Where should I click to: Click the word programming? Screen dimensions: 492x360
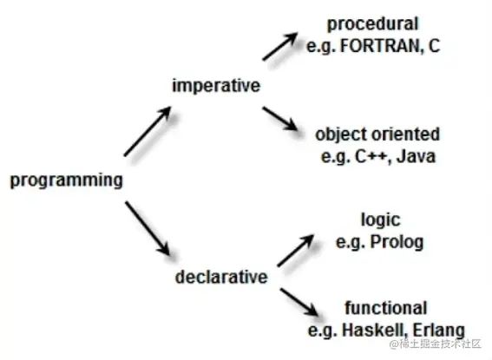tap(67, 180)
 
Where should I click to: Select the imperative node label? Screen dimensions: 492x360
tap(216, 86)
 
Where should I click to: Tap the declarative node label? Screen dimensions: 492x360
tap(221, 277)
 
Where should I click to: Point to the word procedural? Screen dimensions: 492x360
tap(373, 24)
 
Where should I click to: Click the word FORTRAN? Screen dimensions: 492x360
tap(380, 46)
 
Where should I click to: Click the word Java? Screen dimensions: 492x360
tap(416, 156)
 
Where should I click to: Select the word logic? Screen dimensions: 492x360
tap(381, 220)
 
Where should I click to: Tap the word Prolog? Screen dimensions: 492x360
tap(397, 242)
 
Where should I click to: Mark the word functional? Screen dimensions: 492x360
tap(386, 308)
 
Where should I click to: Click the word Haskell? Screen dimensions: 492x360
tap(375, 330)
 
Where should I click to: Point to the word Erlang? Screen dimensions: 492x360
tap(439, 331)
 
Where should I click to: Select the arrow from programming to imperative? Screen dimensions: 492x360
tap(148, 131)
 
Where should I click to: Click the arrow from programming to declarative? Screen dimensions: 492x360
tap(148, 228)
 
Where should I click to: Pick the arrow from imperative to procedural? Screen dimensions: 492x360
tap(280, 46)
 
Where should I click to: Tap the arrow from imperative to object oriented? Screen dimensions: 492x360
tap(280, 119)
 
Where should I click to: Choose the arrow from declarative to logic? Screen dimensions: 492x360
tap(296, 250)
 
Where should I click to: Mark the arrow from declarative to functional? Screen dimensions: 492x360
tap(299, 302)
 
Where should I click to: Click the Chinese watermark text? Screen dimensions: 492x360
tap(436, 344)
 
